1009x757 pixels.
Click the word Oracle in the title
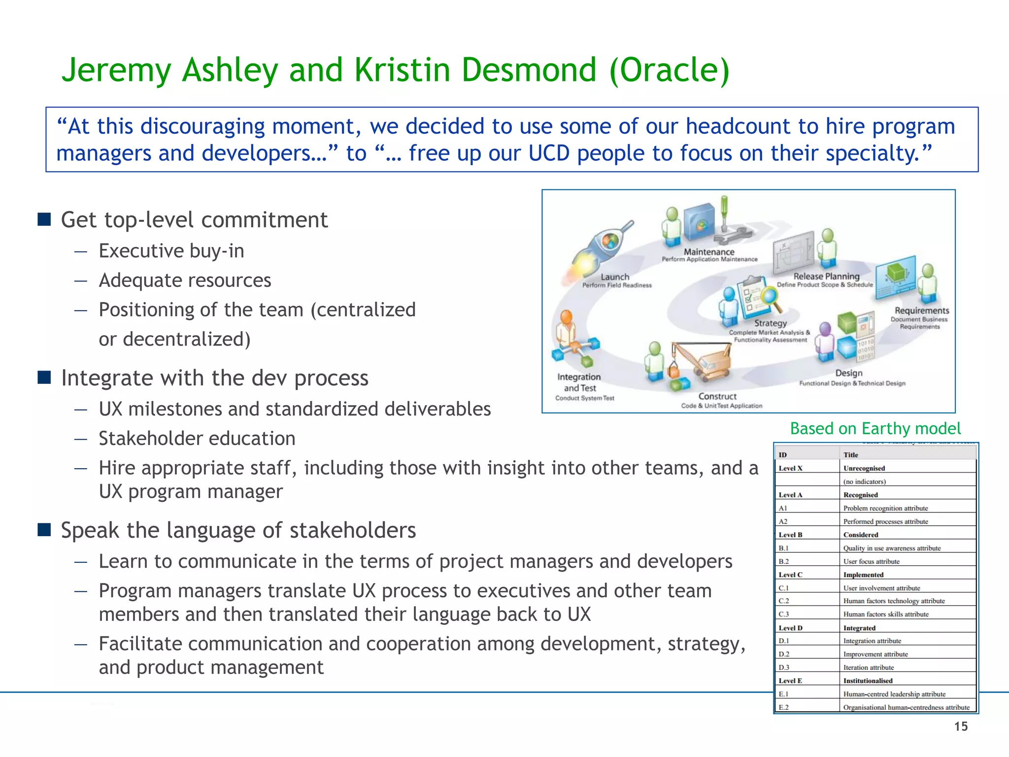pyautogui.click(x=669, y=70)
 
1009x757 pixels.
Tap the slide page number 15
pyautogui.click(x=961, y=726)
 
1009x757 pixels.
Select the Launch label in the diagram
pyautogui.click(x=615, y=277)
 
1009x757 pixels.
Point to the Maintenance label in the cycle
pyautogui.click(x=709, y=252)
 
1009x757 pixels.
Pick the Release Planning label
pyautogui.click(x=826, y=276)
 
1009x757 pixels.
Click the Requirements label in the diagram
pyautogui.click(x=921, y=310)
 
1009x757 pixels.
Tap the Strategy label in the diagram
pyautogui.click(x=771, y=323)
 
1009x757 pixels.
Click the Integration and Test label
pyautogui.click(x=579, y=382)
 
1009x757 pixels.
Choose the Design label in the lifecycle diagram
pyautogui.click(x=849, y=373)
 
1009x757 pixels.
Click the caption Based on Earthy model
pyautogui.click(x=875, y=429)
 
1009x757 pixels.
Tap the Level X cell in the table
pyautogui.click(x=791, y=468)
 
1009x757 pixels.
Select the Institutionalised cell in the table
pyautogui.click(x=868, y=681)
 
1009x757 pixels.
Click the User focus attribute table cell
pyautogui.click(x=871, y=561)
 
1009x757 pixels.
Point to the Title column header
pyautogui.click(x=850, y=455)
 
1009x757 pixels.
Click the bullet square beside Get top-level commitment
pyautogui.click(x=44, y=219)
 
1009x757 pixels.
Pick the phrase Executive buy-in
pyautogui.click(x=171, y=251)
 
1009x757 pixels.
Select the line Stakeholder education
pyautogui.click(x=197, y=439)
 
